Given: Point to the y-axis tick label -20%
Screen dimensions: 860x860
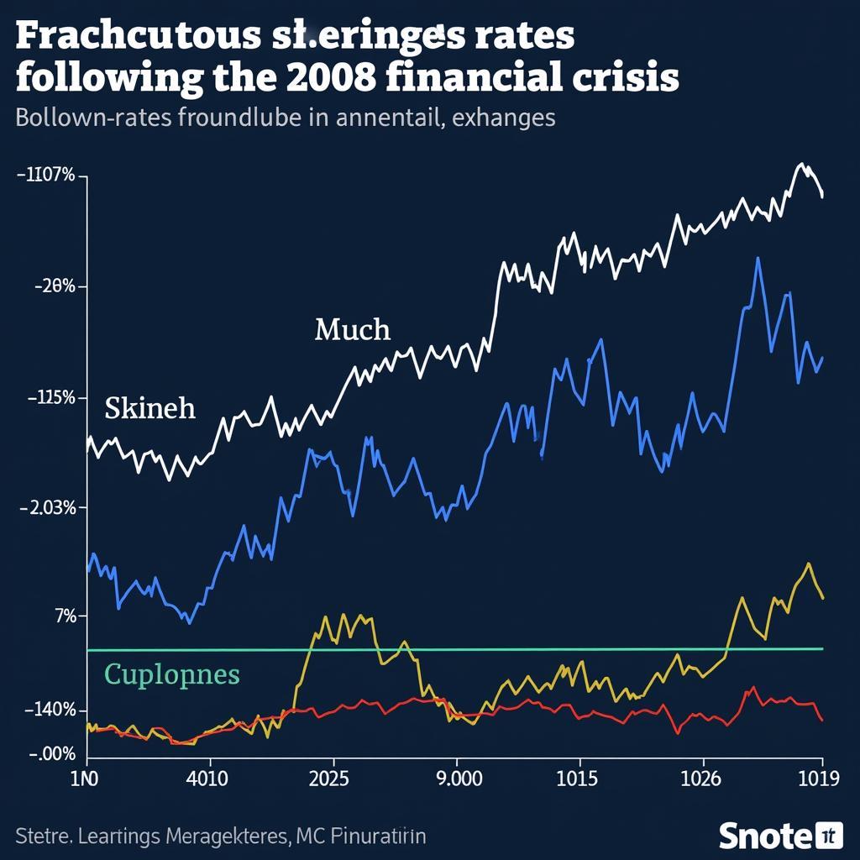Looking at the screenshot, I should click(x=55, y=286).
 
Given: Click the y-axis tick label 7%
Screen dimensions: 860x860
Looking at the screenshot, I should click(x=65, y=616).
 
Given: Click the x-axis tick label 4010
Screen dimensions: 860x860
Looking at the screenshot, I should click(x=205, y=779).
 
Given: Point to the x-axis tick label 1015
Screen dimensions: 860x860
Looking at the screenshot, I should click(x=576, y=779).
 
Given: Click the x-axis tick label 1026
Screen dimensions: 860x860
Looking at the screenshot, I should click(x=700, y=779).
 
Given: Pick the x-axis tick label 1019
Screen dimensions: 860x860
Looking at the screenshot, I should click(x=817, y=779).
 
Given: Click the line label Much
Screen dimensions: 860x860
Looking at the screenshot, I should click(x=352, y=330).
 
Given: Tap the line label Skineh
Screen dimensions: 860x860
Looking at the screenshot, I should click(x=149, y=409).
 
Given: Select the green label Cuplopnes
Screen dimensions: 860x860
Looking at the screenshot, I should click(x=171, y=674).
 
